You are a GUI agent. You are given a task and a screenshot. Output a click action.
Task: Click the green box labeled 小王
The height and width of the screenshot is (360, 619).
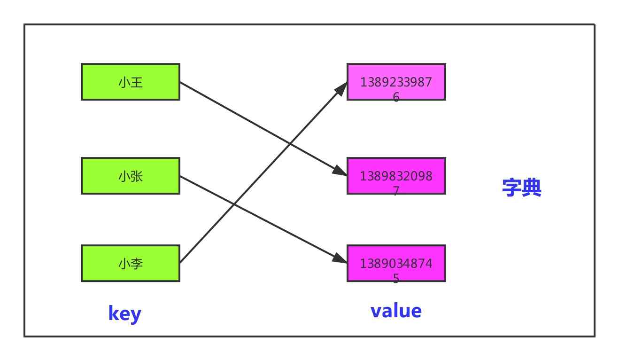130,82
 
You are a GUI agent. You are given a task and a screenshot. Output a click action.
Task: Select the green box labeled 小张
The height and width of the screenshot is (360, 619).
130,176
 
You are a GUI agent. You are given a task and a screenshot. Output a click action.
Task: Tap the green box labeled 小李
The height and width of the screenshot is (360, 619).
130,263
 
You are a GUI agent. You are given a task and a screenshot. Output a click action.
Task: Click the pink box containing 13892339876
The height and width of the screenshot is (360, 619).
396,82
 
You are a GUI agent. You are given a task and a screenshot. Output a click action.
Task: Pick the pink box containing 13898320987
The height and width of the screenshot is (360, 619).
396,176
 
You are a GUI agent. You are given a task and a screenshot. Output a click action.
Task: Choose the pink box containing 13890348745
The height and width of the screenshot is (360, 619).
396,263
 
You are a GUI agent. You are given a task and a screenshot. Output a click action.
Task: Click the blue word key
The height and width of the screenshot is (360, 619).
124,313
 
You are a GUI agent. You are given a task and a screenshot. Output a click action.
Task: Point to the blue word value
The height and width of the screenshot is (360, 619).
396,311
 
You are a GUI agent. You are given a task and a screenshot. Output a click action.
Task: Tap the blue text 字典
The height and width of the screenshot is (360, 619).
521,188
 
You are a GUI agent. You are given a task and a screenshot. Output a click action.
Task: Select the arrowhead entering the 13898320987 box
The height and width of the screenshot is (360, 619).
340,171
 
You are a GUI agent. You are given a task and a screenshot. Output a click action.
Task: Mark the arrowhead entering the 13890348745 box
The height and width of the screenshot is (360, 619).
340,258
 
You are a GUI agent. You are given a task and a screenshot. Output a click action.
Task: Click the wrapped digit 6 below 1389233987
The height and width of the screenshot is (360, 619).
396,97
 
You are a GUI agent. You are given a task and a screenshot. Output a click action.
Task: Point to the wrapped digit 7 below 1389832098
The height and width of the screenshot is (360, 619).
396,191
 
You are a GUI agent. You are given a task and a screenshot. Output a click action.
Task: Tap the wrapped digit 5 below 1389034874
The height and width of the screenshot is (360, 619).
396,278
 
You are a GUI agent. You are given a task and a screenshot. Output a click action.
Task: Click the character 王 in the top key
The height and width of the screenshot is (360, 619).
137,82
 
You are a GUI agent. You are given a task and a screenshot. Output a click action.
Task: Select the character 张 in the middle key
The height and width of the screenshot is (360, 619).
137,176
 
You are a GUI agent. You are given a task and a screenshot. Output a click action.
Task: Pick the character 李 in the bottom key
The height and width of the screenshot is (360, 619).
137,264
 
